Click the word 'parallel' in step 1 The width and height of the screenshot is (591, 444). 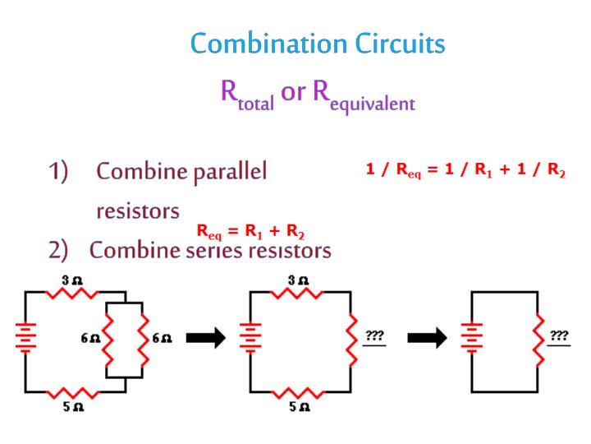tap(231, 172)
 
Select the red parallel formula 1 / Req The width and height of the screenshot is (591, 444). tap(465, 170)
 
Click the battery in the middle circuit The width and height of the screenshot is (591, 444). tap(250, 338)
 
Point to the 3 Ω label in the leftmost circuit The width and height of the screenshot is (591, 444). tap(73, 280)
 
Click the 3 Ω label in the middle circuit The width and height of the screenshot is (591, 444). tap(298, 280)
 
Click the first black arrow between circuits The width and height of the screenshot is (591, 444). tap(205, 337)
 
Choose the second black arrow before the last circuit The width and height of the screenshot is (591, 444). tap(427, 337)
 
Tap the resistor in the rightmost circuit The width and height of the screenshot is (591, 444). tap(538, 338)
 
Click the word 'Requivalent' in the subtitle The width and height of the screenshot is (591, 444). tap(364, 94)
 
